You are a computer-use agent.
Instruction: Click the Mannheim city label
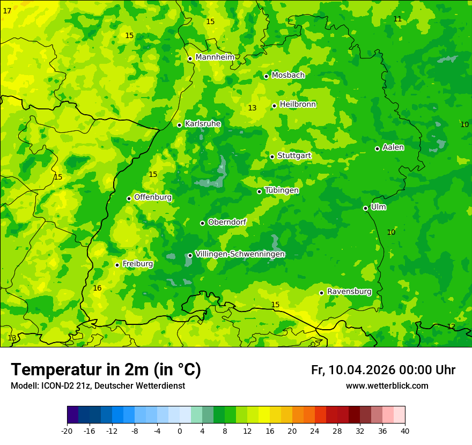pyautogui.click(x=215, y=57)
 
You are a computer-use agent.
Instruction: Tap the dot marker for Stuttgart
pyautogui.click(x=272, y=157)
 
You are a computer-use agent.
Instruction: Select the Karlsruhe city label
pyautogui.click(x=202, y=124)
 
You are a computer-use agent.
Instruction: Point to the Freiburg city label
pyautogui.click(x=137, y=264)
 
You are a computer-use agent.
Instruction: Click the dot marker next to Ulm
pyautogui.click(x=365, y=208)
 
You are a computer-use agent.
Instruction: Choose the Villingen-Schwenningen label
pyautogui.click(x=240, y=254)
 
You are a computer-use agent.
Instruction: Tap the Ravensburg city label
pyautogui.click(x=349, y=292)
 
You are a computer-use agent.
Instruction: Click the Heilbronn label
pyautogui.click(x=298, y=105)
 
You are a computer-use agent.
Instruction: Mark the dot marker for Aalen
pyautogui.click(x=377, y=149)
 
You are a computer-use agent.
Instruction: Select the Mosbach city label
pyautogui.click(x=287, y=76)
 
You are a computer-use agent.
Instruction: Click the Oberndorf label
pyautogui.click(x=227, y=222)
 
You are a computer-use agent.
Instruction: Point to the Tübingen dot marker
pyautogui.click(x=259, y=191)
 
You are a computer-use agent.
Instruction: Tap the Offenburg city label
pyautogui.click(x=153, y=197)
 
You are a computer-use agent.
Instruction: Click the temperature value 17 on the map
pyautogui.click(x=7, y=11)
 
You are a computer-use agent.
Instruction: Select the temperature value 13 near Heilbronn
pyautogui.click(x=252, y=108)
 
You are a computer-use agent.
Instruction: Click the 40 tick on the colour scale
pyautogui.click(x=404, y=431)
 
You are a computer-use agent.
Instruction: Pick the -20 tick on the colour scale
pyautogui.click(x=67, y=431)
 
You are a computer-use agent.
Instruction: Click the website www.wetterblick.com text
pyautogui.click(x=387, y=386)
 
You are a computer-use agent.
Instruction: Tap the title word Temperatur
pyautogui.click(x=60, y=369)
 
